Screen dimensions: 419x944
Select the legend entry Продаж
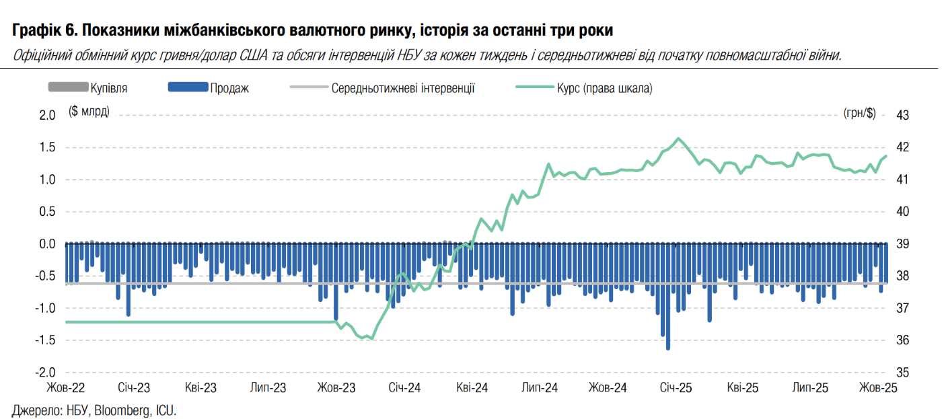(229, 88)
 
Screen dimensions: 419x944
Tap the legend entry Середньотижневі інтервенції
(403, 88)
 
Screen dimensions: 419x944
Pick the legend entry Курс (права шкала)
(604, 88)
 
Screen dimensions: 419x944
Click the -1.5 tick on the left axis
(44, 340)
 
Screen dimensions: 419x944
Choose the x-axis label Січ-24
(405, 388)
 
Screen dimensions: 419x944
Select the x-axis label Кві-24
(472, 388)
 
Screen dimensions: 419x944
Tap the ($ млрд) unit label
(89, 112)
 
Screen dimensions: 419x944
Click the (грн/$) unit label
(859, 114)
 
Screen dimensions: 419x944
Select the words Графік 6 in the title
(42, 30)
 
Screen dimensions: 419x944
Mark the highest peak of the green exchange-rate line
(678, 139)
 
